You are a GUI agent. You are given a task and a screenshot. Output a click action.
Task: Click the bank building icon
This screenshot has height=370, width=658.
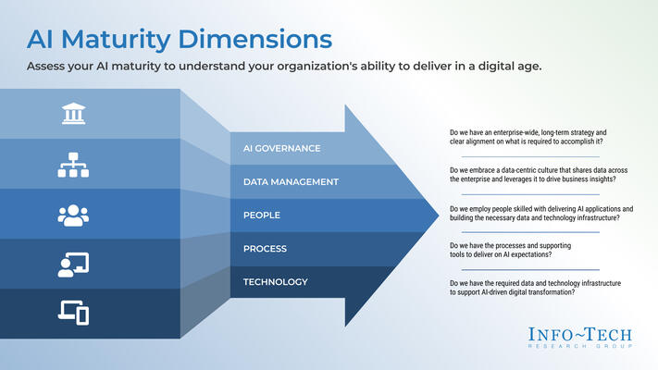coord(73,114)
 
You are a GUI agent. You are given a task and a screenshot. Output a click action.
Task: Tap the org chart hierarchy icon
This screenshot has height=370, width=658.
coord(73,165)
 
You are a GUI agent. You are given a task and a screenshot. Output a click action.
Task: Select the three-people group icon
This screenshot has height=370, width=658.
coord(73,215)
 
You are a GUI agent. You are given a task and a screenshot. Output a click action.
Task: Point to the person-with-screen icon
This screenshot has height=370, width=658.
coord(73,265)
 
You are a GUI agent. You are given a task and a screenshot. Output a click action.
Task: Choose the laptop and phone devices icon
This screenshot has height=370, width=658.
coord(73,314)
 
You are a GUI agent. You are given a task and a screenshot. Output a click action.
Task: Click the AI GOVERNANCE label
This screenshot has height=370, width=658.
coord(281,148)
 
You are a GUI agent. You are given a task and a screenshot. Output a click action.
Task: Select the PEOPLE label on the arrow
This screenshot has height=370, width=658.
coord(262,215)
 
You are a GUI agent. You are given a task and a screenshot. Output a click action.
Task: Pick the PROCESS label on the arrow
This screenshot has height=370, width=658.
coord(266,248)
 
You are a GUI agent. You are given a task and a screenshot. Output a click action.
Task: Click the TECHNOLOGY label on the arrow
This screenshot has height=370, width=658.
coord(276,281)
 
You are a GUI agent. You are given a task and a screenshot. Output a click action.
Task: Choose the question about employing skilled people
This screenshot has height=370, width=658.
coord(540,215)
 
